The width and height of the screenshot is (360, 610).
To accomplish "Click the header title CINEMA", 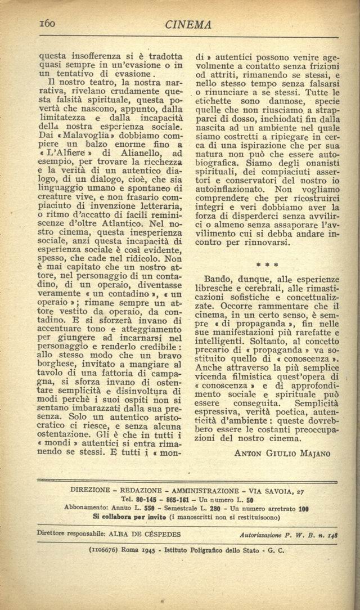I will pyautogui.click(x=188, y=25).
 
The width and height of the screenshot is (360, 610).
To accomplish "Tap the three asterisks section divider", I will pyautogui.click(x=267, y=263).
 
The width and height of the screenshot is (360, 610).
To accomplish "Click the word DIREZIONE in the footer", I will pyautogui.click(x=94, y=490).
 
